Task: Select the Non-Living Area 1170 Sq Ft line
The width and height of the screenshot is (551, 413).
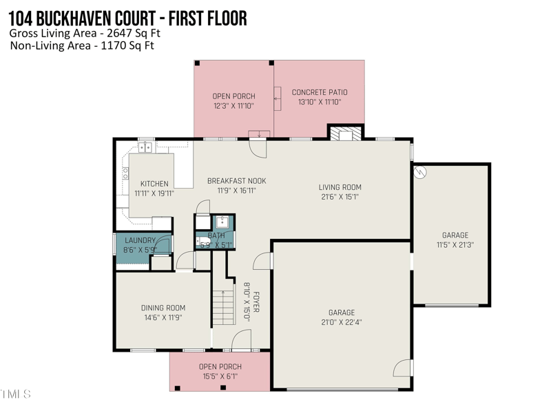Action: click(x=82, y=46)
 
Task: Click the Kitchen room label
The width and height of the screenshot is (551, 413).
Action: click(x=154, y=184)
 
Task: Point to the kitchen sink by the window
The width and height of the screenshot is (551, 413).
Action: click(x=146, y=147)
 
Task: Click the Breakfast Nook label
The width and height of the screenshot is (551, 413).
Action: click(x=236, y=181)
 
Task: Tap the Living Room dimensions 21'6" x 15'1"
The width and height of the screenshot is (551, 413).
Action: click(x=340, y=197)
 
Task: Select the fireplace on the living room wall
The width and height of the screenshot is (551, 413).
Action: click(x=343, y=133)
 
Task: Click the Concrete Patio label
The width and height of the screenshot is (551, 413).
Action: click(x=320, y=92)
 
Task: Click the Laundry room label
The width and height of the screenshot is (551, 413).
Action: click(x=140, y=241)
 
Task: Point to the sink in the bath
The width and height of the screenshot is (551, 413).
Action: click(x=222, y=222)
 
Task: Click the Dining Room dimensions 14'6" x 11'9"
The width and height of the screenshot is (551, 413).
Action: click(x=163, y=318)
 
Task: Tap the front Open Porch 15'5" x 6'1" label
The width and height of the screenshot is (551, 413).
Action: click(x=220, y=371)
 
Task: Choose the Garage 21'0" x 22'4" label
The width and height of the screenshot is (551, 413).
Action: click(x=341, y=317)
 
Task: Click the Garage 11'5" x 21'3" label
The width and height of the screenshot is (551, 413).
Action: click(x=455, y=240)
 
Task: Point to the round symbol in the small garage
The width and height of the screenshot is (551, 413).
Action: click(x=419, y=173)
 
